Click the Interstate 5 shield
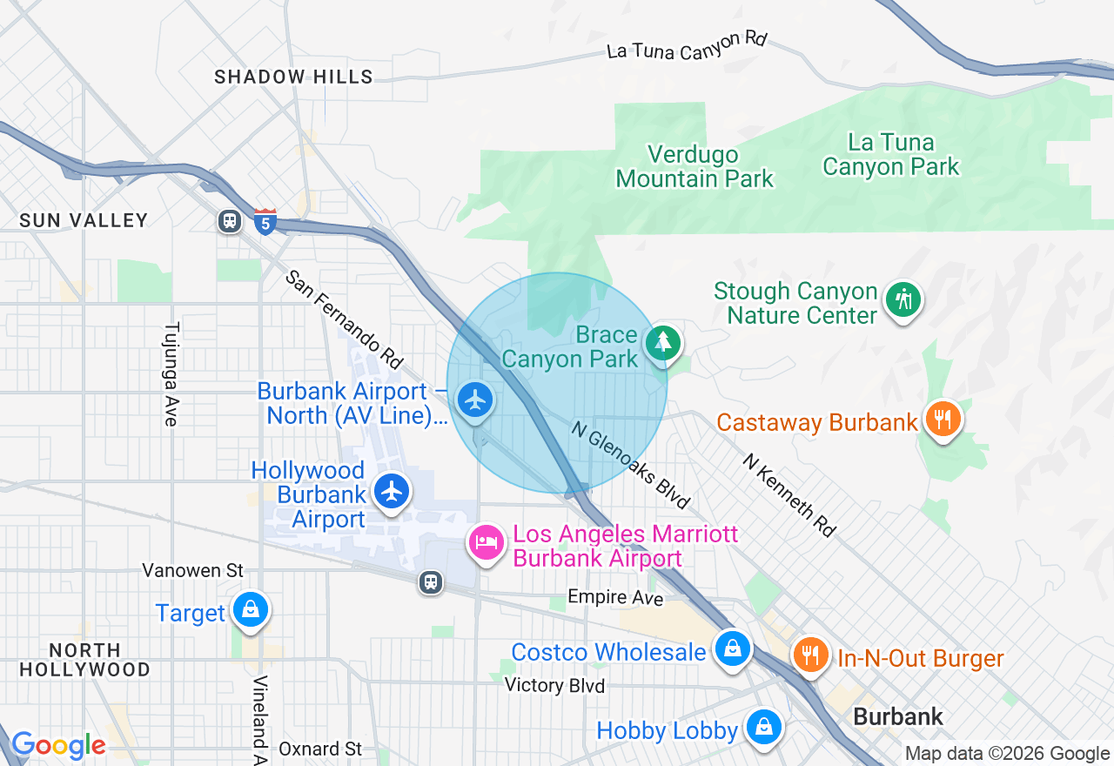pos(266,222)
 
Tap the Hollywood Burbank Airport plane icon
pos(393,491)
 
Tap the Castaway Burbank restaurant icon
pos(943,420)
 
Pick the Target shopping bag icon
pos(251,610)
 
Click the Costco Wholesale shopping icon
pos(733,648)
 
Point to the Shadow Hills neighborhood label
pos(293,77)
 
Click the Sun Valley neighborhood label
pos(84,220)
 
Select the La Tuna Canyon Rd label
pos(687,45)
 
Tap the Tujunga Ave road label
pos(171,374)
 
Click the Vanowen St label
pos(193,571)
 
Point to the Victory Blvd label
pos(554,686)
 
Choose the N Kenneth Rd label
pos(789,494)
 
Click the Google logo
pos(58,745)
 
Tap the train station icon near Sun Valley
pos(230,221)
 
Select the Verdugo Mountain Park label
pos(694,167)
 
